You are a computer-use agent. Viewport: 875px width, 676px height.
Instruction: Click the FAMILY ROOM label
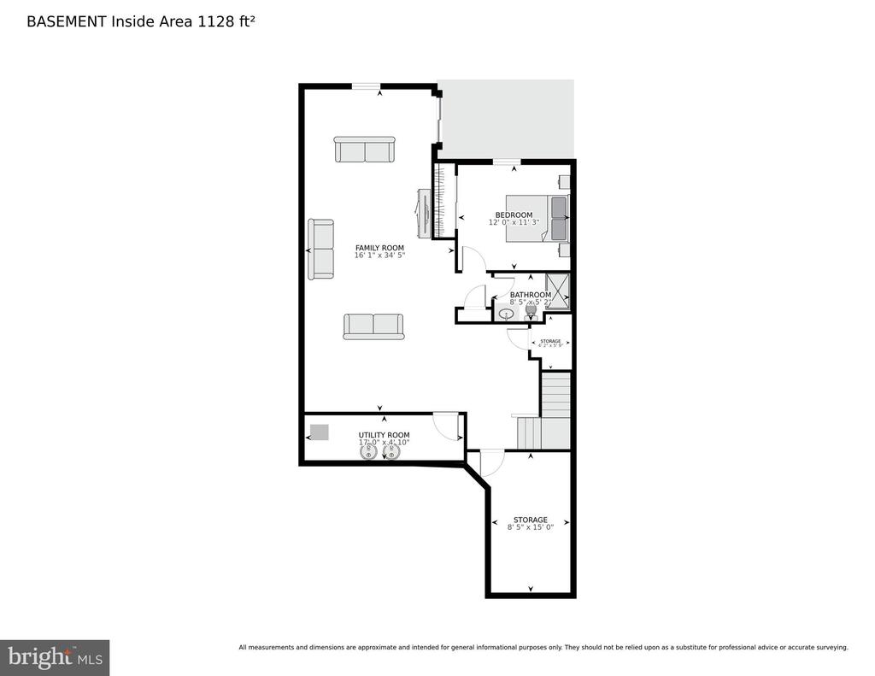click(x=379, y=248)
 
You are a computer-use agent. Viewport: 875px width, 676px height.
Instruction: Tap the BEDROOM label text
click(x=514, y=215)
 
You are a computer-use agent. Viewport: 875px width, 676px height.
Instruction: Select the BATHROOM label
click(x=530, y=295)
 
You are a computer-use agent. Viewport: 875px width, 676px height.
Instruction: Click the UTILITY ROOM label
click(x=384, y=434)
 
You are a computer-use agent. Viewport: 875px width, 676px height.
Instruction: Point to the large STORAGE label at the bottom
click(x=530, y=520)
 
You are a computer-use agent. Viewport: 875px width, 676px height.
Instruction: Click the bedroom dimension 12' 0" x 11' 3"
click(x=514, y=223)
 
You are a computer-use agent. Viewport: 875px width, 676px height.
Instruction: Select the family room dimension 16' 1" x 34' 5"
click(x=379, y=256)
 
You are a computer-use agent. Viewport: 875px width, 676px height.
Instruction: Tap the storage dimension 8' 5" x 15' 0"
click(x=530, y=528)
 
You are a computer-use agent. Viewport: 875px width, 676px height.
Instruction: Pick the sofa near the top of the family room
click(x=365, y=150)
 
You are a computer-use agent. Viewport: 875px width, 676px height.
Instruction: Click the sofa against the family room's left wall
click(x=322, y=249)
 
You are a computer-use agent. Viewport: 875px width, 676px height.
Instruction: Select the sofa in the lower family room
click(x=373, y=326)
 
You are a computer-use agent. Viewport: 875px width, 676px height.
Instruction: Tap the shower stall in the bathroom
click(x=557, y=290)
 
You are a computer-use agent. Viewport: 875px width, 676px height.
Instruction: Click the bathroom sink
click(x=506, y=314)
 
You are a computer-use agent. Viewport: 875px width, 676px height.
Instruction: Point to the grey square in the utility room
click(x=319, y=432)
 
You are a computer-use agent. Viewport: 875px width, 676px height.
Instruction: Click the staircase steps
click(x=555, y=395)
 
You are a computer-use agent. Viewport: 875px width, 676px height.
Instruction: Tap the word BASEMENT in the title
click(x=66, y=21)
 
